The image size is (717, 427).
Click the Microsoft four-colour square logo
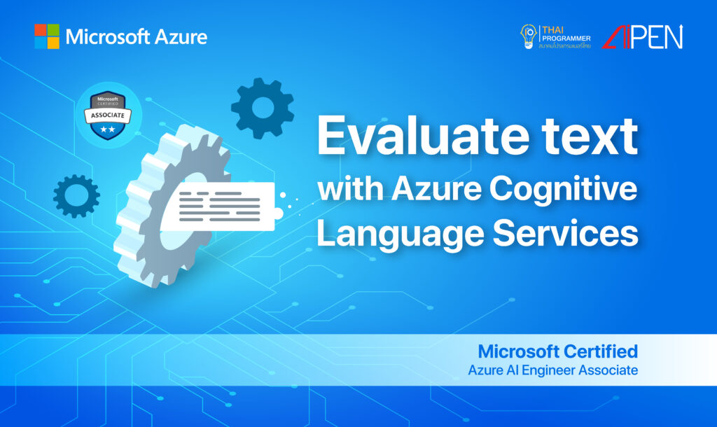(47, 36)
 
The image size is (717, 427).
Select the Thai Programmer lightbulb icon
(528, 36)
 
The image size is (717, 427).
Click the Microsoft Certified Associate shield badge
(109, 114)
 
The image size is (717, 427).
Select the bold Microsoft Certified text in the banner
(557, 350)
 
